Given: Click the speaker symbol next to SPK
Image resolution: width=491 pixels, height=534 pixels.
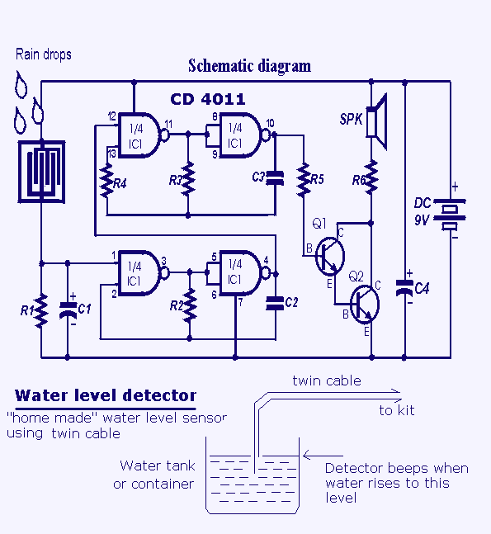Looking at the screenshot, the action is coord(376,122).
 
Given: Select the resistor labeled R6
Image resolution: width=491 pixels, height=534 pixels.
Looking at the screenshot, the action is coord(371,177).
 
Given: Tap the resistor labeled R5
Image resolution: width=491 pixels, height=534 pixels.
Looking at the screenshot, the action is coord(304,180).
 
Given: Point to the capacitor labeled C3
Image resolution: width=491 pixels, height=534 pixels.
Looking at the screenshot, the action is coord(275,178).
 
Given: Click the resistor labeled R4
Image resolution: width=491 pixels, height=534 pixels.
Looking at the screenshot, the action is coord(107,180).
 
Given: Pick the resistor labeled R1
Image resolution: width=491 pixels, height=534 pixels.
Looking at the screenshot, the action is coord(41,311).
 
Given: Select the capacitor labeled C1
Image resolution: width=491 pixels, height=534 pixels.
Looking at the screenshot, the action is coord(68,310).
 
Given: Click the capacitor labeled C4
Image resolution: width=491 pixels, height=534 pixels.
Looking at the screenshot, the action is coord(404,287).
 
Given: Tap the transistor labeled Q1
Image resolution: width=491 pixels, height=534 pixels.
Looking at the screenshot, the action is coord(329,256).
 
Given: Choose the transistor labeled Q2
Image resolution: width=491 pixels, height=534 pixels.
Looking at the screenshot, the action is coord(365,305).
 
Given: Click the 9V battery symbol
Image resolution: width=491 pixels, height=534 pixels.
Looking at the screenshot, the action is coord(450,215).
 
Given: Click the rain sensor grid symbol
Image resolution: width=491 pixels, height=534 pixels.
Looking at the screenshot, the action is coord(41,172).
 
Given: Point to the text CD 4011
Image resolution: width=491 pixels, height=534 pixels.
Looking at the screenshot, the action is coord(208,99).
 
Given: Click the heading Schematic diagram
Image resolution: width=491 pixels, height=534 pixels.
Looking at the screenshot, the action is coord(249,66).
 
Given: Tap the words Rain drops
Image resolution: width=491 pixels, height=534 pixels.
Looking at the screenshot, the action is coord(44,54).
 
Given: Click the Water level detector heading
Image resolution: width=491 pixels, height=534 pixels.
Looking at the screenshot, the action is coord(106,395).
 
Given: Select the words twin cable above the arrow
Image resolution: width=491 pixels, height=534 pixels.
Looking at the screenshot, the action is coord(327,380).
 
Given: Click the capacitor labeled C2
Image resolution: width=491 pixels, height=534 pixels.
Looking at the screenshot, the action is coord(275,304).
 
